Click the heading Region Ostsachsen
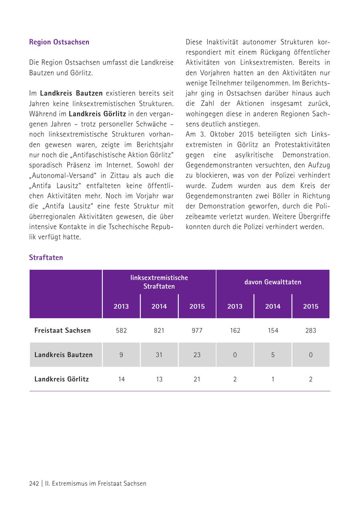click(59, 42)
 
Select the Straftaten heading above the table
click(46, 257)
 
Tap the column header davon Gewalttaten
click(273, 282)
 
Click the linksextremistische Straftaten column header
click(159, 282)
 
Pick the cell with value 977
click(197, 331)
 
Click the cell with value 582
click(121, 331)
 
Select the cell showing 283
click(310, 331)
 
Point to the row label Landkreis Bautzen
click(64, 355)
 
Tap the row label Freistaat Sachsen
click(62, 331)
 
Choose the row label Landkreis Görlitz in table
click(62, 379)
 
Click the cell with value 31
click(159, 355)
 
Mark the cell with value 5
click(273, 355)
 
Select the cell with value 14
click(121, 379)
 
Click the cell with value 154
click(273, 331)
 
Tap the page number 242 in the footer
click(34, 483)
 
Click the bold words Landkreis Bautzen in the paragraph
click(71, 93)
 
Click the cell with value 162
click(235, 331)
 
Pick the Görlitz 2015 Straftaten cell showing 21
click(197, 379)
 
